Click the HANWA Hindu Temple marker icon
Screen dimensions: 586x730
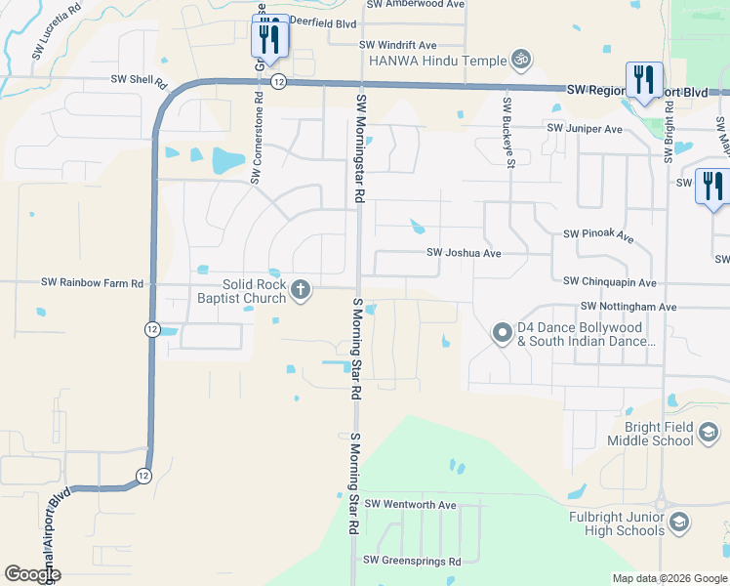[x=521, y=60]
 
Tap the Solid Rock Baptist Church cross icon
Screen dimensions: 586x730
[x=301, y=288]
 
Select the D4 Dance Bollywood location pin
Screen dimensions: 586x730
[x=502, y=334]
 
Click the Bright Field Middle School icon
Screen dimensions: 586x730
[x=709, y=433]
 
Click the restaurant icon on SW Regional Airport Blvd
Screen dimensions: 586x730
[x=644, y=79]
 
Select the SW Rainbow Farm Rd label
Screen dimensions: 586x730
[x=93, y=282]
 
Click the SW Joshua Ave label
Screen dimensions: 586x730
[x=464, y=253]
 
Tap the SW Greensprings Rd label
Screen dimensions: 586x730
[x=411, y=561]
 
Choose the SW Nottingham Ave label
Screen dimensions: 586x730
[x=628, y=307]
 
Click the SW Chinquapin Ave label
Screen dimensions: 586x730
[x=610, y=282]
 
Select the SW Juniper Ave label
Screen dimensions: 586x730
[x=585, y=129]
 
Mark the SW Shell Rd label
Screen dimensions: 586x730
[x=140, y=79]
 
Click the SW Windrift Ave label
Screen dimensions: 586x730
[x=397, y=45]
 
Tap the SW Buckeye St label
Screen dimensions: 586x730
[x=508, y=132]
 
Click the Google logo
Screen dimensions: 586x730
[x=32, y=574]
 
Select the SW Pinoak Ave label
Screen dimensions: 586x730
[x=598, y=236]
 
